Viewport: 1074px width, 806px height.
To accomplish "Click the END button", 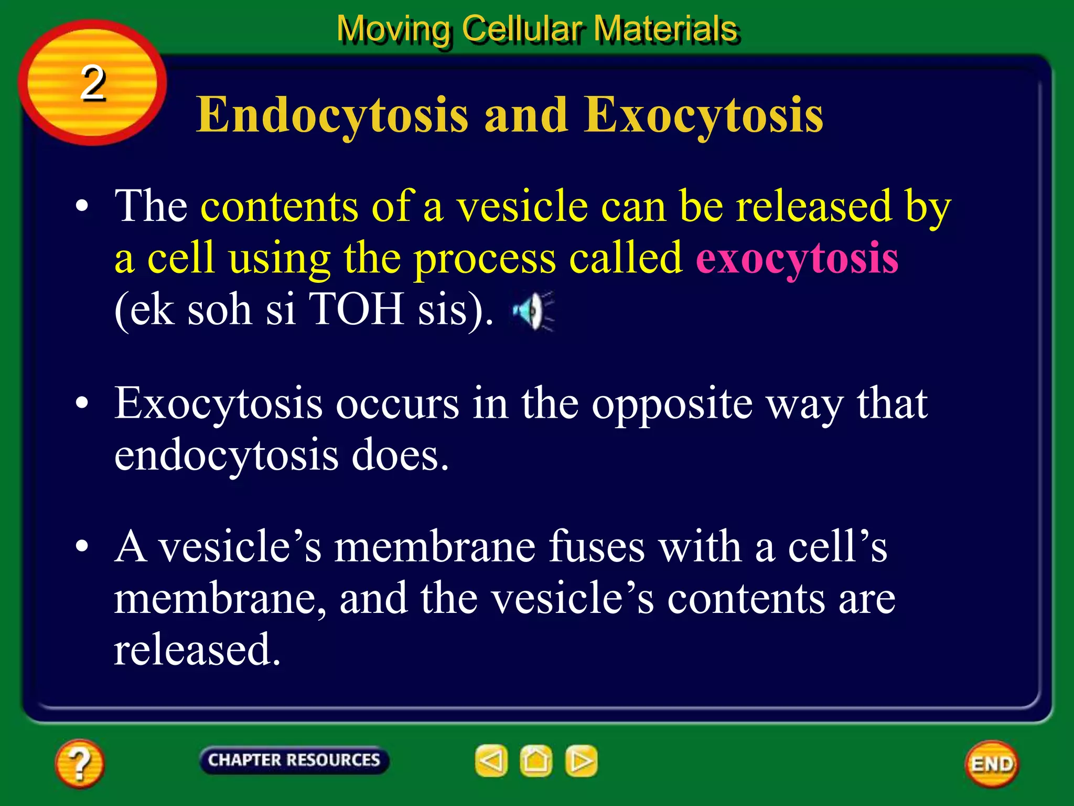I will pyautogui.click(x=992, y=763).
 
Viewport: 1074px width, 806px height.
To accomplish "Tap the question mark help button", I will pyautogui.click(x=80, y=763).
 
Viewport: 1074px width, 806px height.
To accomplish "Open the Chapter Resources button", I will pyautogui.click(x=294, y=760).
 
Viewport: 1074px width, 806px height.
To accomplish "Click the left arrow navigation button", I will pyautogui.click(x=491, y=760).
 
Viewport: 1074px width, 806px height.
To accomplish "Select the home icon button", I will pyautogui.click(x=536, y=760).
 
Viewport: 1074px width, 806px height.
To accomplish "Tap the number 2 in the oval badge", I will pyautogui.click(x=93, y=83).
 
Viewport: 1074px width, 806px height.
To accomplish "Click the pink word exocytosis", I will pyautogui.click(x=797, y=258).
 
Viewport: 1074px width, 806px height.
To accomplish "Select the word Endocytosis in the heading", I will pyautogui.click(x=332, y=115).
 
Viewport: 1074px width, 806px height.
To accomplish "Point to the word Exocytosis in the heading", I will pyautogui.click(x=703, y=115).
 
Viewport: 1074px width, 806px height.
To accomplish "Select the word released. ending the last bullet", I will pyautogui.click(x=197, y=649).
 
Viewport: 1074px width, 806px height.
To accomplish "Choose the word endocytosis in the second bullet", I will pyautogui.click(x=226, y=455).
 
